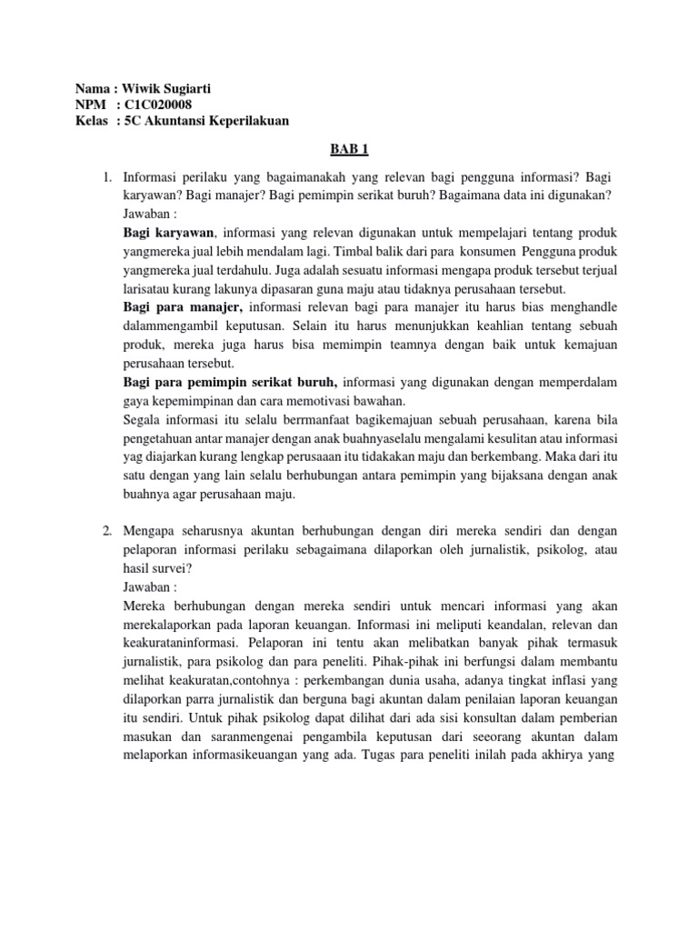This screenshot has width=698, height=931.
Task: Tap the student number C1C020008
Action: coord(155,105)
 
